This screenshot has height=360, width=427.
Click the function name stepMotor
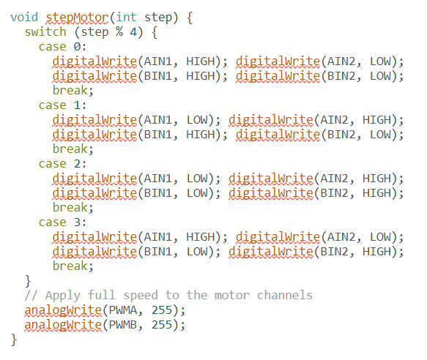point(77,18)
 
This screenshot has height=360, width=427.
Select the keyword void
point(24,17)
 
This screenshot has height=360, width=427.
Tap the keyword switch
point(45,32)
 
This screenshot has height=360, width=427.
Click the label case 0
point(63,47)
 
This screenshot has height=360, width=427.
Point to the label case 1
point(63,105)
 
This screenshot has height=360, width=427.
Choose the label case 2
point(63,164)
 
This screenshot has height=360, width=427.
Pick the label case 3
point(63,222)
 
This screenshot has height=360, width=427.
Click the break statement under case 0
point(73,90)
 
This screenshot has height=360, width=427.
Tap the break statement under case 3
point(73,266)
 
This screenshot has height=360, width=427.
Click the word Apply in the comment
point(63,296)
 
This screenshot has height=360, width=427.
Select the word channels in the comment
point(285,295)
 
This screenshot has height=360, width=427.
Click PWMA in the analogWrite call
point(122,310)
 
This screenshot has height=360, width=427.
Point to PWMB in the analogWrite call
point(122,325)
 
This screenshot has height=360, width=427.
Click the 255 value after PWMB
point(162,325)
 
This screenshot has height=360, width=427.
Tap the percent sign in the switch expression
point(119,32)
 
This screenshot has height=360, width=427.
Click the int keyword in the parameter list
point(126,17)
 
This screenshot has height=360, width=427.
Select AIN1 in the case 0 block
point(158,61)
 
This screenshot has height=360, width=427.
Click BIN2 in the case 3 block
point(334,252)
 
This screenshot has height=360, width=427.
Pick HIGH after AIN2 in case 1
point(376,120)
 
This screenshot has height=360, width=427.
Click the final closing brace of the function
point(14,340)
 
